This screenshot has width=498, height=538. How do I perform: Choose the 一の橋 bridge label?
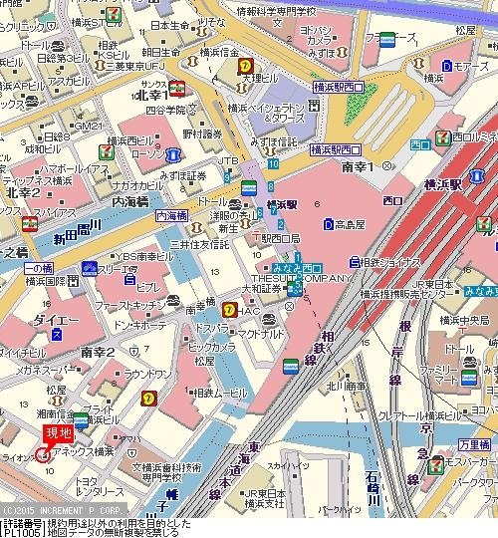pos(38,269)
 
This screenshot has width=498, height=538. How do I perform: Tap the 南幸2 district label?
pos(100,352)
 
